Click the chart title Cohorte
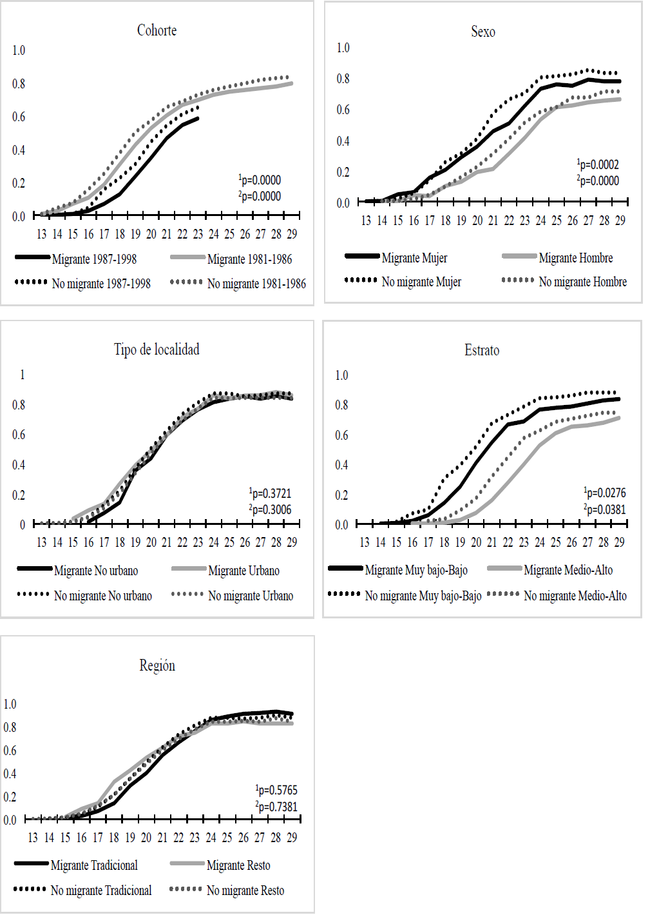(x=157, y=30)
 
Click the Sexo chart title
(x=483, y=32)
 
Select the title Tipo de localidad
(x=157, y=349)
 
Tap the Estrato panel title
(x=482, y=350)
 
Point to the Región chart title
(x=157, y=665)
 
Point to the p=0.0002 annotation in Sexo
(x=598, y=164)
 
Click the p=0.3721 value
(x=271, y=493)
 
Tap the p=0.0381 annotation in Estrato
(x=606, y=509)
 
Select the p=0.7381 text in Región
(x=277, y=807)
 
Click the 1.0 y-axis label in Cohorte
(x=19, y=50)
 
